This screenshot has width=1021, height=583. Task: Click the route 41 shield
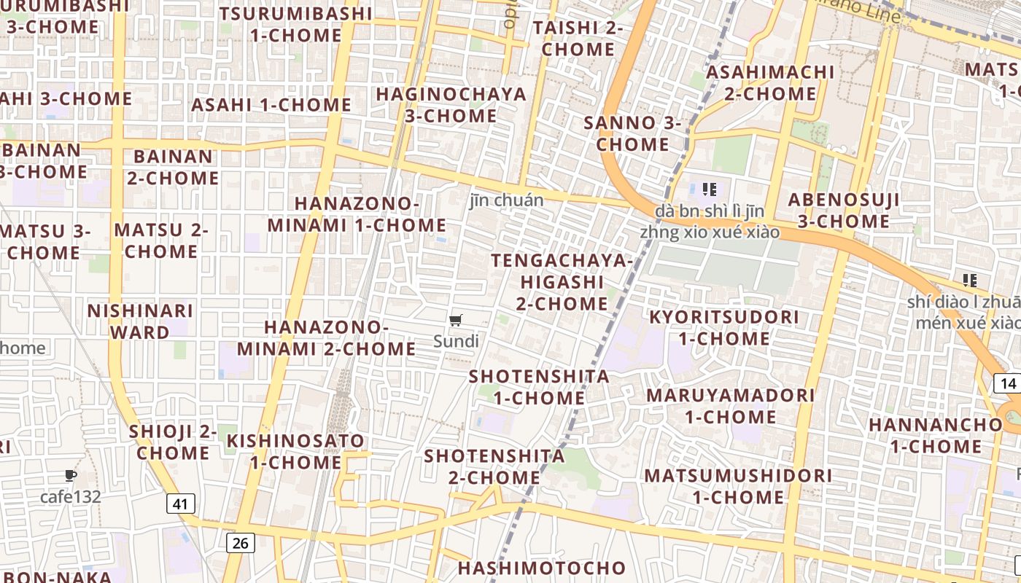(x=181, y=503)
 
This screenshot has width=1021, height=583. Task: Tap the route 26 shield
(x=241, y=542)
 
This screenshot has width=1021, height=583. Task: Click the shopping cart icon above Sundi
(x=456, y=321)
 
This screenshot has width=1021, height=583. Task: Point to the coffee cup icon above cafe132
(x=70, y=476)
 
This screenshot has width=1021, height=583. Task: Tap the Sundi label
(x=456, y=341)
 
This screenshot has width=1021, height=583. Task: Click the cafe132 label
(x=70, y=497)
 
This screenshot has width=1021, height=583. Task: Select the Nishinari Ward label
(x=140, y=321)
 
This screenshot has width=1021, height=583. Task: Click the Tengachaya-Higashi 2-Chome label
(x=562, y=282)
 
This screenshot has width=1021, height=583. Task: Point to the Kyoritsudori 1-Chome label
(x=724, y=328)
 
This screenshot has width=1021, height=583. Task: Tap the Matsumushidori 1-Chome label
(x=738, y=486)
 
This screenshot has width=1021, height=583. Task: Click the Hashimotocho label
(x=542, y=568)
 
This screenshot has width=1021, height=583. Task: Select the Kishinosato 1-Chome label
(x=295, y=451)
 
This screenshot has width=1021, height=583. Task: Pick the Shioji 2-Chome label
(x=173, y=442)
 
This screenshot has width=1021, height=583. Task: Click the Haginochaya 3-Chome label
(x=451, y=105)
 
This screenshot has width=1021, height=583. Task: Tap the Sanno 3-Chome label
(x=632, y=133)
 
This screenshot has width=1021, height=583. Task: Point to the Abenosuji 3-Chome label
(x=844, y=210)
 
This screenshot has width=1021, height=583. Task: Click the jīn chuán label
(x=507, y=200)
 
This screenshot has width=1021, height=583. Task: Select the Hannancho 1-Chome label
(x=936, y=434)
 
